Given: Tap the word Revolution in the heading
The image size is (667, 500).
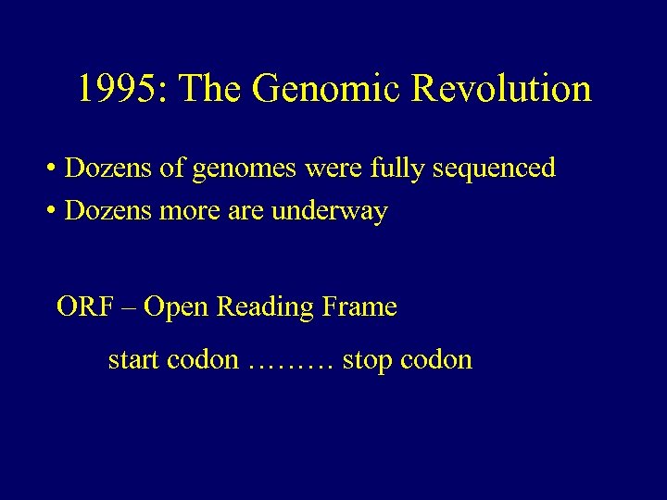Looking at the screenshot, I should (x=501, y=89).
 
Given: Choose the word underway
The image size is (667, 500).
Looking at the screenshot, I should (x=330, y=212).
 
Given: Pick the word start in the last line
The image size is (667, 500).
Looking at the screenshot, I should (x=133, y=359).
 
